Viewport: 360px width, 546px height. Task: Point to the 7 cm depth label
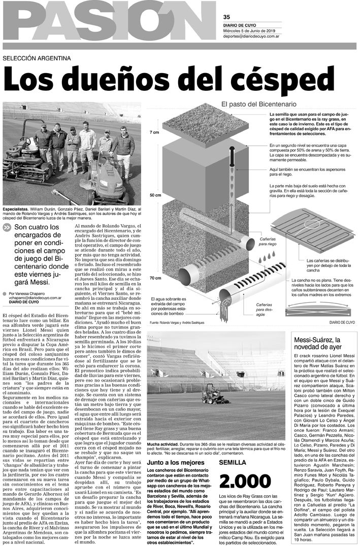(x=154, y=132)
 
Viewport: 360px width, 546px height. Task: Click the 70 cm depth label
(x=154, y=278)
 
